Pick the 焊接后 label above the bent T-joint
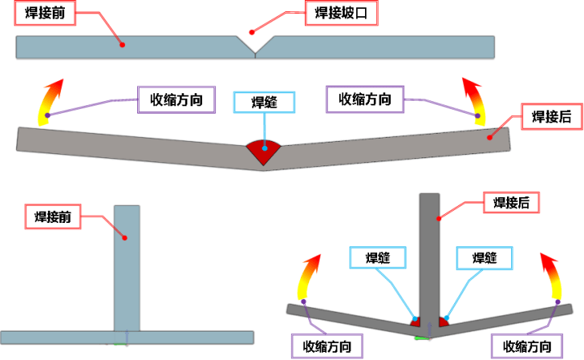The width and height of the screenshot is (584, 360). (511, 202)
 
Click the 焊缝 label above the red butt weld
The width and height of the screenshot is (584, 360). (264, 102)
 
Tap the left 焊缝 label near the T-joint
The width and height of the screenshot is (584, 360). (379, 259)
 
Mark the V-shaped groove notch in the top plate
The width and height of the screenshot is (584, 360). (255, 45)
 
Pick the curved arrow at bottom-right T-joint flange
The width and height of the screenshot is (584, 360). (552, 276)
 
